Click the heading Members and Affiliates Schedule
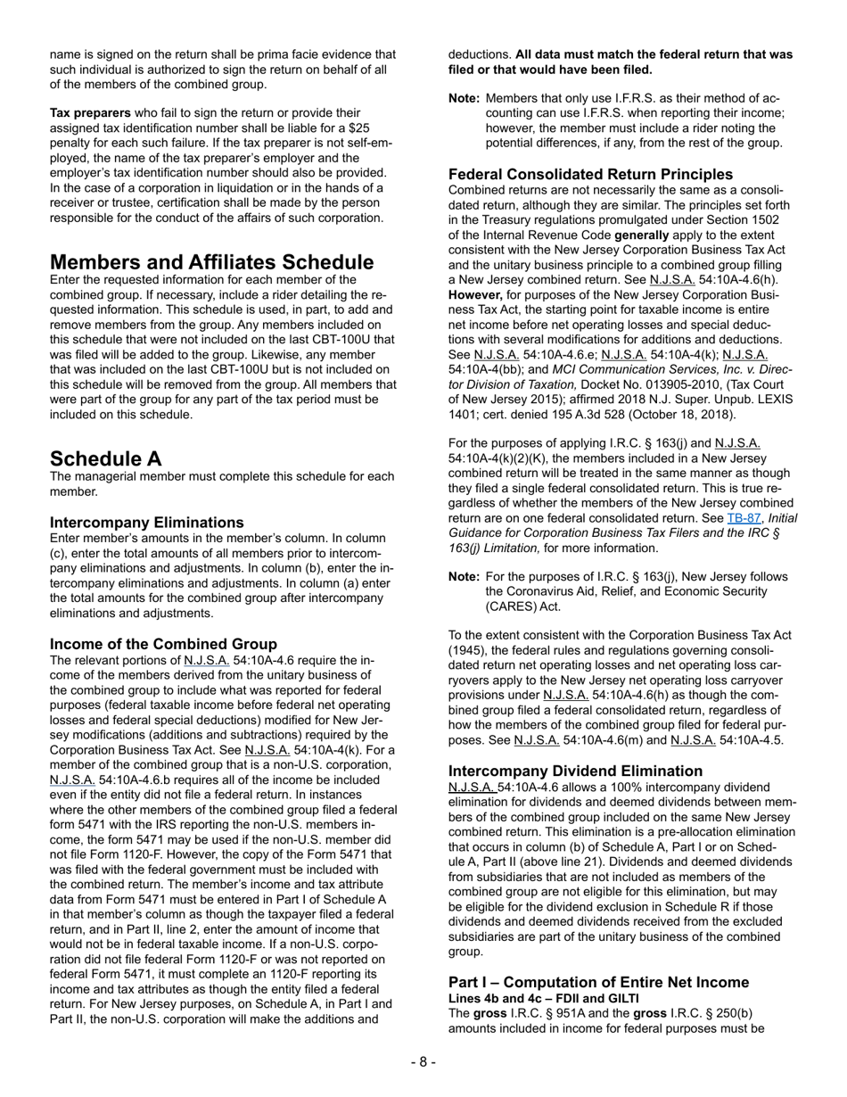coord(211,262)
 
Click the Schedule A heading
coord(106,458)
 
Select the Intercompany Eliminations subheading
coord(146,522)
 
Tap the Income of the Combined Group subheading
coord(163,644)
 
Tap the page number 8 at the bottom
coord(423,1061)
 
